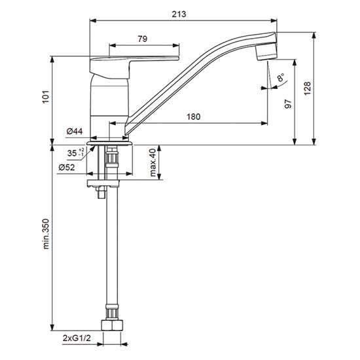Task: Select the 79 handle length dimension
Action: (143, 39)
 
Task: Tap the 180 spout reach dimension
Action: (194, 117)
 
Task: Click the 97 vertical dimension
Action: (289, 104)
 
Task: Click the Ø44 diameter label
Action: (74, 132)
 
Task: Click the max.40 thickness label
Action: (153, 162)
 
